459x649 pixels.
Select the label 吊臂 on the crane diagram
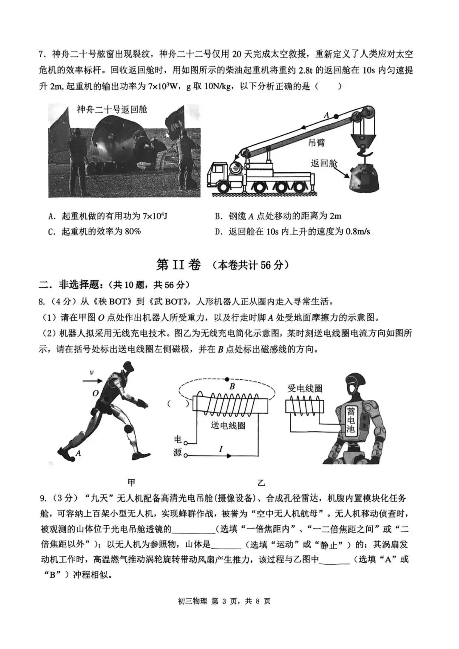pos(316,142)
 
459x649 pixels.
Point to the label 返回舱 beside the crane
pos(324,163)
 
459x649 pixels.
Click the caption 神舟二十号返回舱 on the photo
pos(111,109)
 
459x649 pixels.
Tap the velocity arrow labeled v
pos(93,381)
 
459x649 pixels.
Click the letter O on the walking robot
pos(96,394)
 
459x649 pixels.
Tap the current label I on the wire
pos(221,449)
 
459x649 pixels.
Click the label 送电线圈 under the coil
pos(228,425)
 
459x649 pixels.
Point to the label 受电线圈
pos(305,388)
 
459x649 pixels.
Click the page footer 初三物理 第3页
pos(229,601)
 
